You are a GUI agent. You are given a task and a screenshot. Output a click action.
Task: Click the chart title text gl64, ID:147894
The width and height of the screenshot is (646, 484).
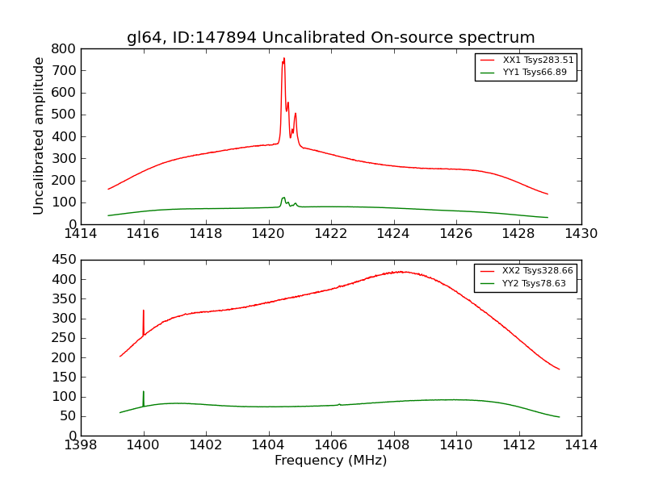coord(330,37)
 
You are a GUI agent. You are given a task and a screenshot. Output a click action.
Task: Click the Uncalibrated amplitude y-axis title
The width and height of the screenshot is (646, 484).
coord(39,136)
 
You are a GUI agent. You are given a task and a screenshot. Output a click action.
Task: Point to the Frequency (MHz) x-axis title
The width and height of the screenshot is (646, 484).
coord(330,461)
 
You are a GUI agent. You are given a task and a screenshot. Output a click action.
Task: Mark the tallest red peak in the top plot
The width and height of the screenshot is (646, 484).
coord(283,59)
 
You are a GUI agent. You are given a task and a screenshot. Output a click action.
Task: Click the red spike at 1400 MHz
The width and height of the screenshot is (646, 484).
coord(144,311)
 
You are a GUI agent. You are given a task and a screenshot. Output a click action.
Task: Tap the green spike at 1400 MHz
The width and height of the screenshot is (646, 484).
coord(144,392)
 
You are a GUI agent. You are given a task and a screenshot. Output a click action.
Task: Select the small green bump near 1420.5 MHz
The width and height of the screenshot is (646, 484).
coord(283,198)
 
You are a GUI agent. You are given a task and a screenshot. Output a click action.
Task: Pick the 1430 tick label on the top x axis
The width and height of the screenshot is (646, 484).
coord(581,234)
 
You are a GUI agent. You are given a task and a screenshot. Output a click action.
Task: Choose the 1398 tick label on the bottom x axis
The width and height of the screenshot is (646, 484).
coord(81,445)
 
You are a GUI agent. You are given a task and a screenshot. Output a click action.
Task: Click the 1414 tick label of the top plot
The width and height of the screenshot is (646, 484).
coord(81,234)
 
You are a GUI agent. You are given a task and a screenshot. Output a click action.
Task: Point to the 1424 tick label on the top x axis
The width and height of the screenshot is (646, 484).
coord(393,234)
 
